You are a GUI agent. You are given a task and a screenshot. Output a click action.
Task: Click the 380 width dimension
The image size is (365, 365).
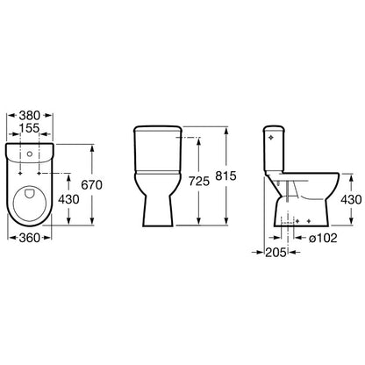[x=30, y=116]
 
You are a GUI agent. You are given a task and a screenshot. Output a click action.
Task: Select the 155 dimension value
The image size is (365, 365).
[x=30, y=128]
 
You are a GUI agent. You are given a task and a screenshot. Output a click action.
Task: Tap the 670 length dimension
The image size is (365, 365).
[x=91, y=185]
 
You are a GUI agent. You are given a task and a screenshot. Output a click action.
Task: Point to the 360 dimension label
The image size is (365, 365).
[x=30, y=238]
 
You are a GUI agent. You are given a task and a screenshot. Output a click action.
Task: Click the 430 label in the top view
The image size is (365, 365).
[x=68, y=199]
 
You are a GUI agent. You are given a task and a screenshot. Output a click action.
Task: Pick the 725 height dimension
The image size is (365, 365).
[x=199, y=182]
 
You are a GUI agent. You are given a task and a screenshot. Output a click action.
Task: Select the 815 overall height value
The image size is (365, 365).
[x=225, y=175]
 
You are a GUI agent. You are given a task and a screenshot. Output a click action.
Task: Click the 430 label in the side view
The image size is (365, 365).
[x=351, y=200]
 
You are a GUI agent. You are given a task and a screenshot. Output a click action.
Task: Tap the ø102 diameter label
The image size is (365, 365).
[x=323, y=239]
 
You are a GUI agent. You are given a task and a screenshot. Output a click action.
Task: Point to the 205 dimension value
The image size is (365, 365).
[x=276, y=253]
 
